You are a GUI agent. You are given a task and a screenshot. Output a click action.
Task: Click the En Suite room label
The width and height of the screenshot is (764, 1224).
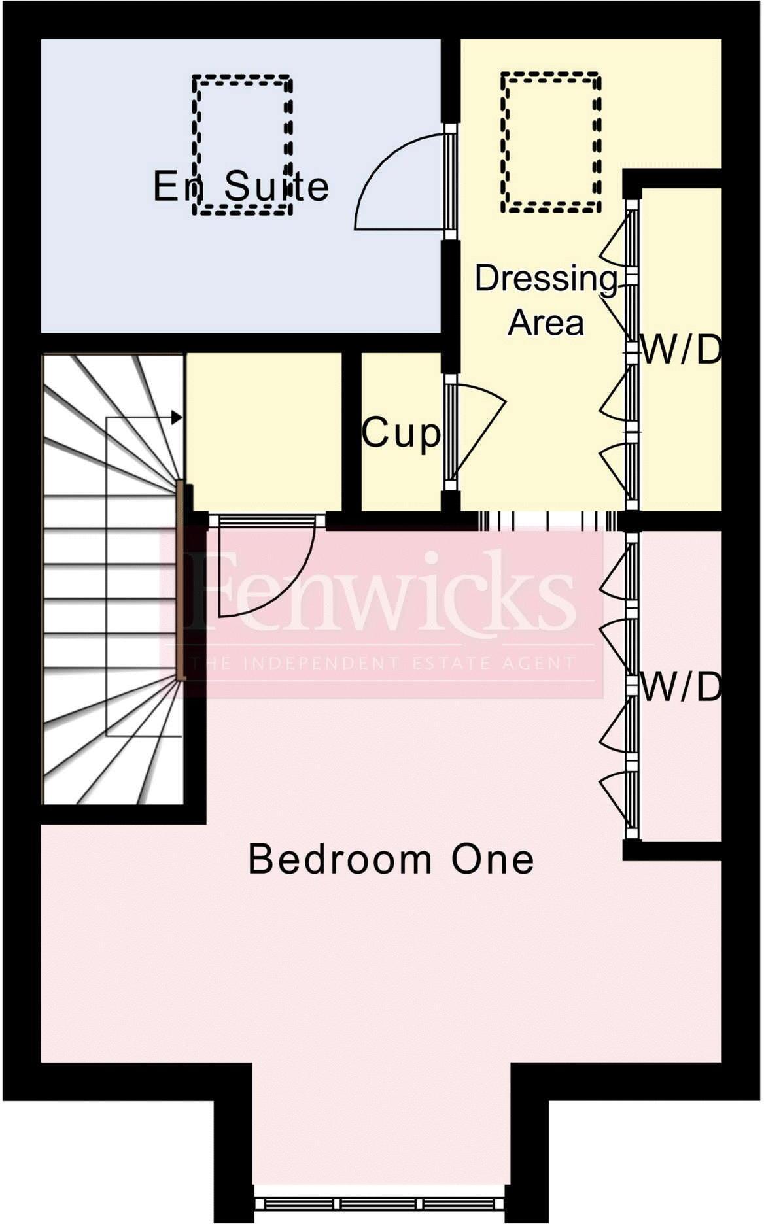click(241, 186)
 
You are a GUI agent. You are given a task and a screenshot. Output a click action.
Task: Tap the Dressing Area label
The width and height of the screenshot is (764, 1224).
click(546, 299)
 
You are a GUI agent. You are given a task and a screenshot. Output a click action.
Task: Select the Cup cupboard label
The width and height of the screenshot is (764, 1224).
click(401, 432)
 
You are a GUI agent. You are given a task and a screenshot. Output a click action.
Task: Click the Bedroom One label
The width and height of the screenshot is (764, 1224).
click(391, 859)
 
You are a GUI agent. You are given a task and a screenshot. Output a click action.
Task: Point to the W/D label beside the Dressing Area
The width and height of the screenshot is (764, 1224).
click(681, 351)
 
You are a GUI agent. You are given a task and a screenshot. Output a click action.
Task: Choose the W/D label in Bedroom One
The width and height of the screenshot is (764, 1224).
click(681, 687)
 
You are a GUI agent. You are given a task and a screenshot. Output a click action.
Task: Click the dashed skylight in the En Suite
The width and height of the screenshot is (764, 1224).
click(242, 144)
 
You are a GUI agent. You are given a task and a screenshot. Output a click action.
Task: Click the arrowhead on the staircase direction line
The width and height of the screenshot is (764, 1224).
click(176, 417)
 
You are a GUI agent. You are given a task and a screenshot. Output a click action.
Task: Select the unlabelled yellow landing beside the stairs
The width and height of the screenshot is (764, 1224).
click(264, 432)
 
